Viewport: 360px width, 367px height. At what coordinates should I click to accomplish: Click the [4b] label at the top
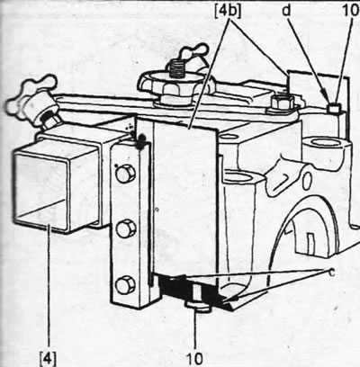tap(229, 11)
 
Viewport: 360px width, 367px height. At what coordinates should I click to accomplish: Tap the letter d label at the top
tap(287, 11)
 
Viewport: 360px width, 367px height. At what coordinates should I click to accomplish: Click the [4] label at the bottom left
tap(48, 358)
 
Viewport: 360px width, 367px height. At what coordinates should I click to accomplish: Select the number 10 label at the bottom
tap(194, 358)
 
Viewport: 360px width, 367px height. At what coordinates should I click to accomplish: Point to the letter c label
tap(331, 273)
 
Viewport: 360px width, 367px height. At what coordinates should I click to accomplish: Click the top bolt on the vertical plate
tap(125, 174)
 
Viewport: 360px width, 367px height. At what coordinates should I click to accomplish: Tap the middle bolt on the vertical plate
tap(125, 229)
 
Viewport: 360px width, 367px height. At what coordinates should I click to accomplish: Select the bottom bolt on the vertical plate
tap(125, 285)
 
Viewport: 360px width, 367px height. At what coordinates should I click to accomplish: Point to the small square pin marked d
tap(334, 108)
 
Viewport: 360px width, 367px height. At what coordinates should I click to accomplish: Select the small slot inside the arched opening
tap(311, 242)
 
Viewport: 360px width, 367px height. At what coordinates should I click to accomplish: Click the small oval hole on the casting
tap(307, 181)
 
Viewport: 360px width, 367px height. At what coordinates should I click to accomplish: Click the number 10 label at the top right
tap(351, 11)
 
